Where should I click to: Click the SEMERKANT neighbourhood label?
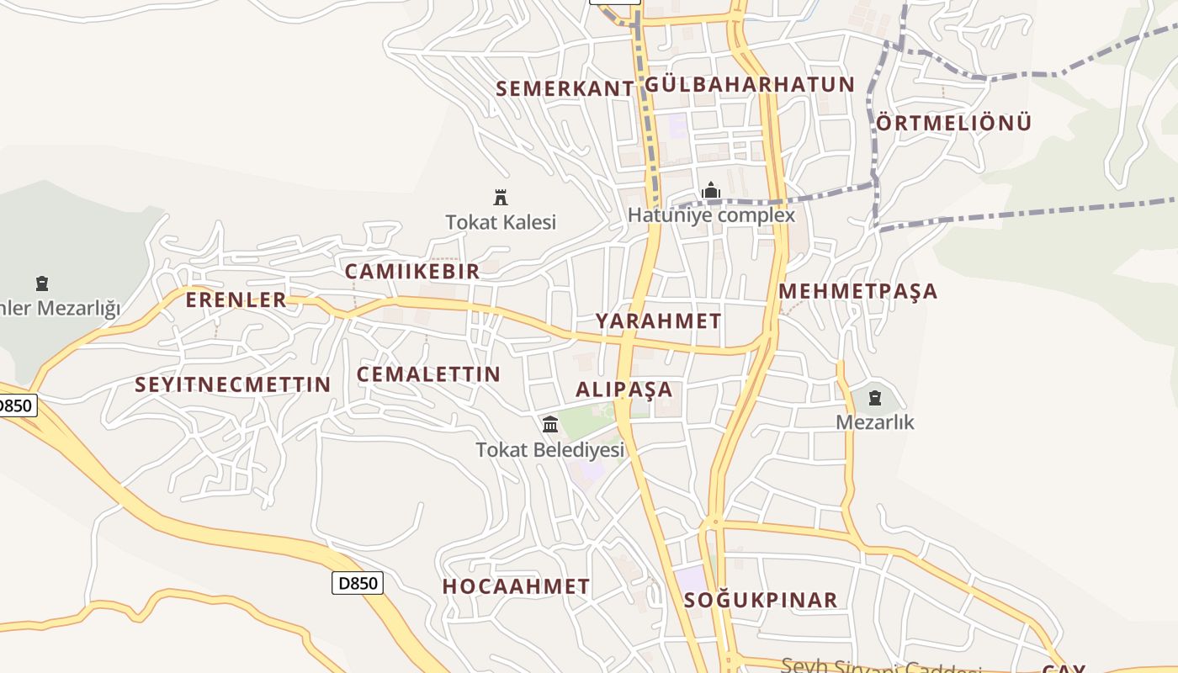pyautogui.click(x=565, y=88)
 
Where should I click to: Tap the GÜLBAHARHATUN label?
pyautogui.click(x=750, y=84)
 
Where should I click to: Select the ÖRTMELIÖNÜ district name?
pyautogui.click(x=954, y=123)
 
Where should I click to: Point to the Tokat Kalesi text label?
pyautogui.click(x=501, y=222)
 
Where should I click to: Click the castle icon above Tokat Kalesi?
pyautogui.click(x=501, y=198)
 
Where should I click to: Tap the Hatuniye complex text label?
pyautogui.click(x=711, y=215)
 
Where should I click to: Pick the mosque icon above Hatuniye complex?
pyautogui.click(x=711, y=191)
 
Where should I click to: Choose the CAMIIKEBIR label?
pyautogui.click(x=412, y=271)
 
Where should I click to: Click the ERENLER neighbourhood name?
pyautogui.click(x=236, y=299)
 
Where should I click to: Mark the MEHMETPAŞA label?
pyautogui.click(x=857, y=291)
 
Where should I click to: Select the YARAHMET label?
pyautogui.click(x=659, y=321)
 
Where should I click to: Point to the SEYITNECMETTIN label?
pyautogui.click(x=233, y=384)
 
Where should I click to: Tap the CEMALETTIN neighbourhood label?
pyautogui.click(x=429, y=374)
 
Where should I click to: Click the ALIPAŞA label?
pyautogui.click(x=624, y=389)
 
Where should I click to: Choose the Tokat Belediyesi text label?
pyautogui.click(x=550, y=450)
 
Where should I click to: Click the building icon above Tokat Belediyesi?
pyautogui.click(x=550, y=424)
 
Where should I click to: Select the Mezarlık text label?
pyautogui.click(x=875, y=421)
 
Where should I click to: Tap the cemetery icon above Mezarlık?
pyautogui.click(x=875, y=397)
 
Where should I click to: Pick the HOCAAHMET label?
pyautogui.click(x=517, y=586)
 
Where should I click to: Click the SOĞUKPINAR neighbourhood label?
pyautogui.click(x=761, y=600)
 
